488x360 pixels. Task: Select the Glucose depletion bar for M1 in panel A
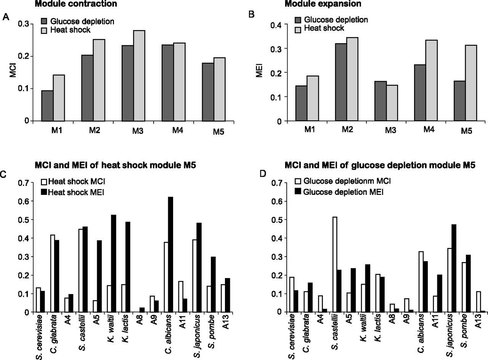(x=47, y=106)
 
